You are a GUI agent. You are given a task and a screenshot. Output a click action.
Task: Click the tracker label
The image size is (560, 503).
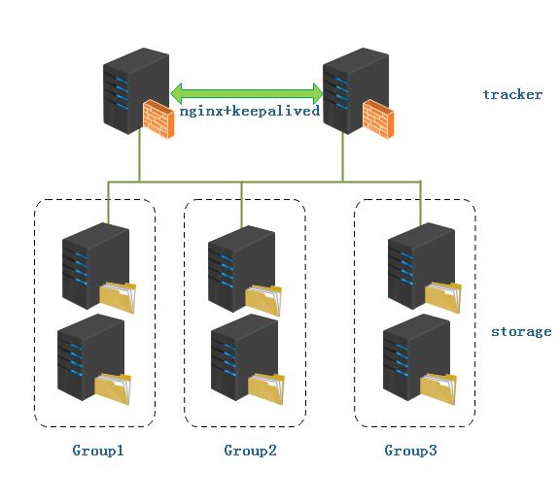[512, 94]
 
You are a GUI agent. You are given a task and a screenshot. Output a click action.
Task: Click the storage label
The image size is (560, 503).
[520, 331]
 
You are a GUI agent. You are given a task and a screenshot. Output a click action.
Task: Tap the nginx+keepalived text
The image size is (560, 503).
[250, 111]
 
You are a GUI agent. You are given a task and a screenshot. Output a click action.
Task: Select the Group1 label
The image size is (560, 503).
[98, 451]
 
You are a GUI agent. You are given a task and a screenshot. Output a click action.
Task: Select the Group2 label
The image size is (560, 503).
[250, 451]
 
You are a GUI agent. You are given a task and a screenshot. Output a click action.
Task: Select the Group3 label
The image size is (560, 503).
[410, 451]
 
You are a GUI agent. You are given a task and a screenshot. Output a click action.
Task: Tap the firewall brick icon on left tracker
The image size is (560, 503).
[158, 117]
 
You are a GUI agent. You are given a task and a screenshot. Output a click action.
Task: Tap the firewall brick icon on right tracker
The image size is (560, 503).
[377, 117]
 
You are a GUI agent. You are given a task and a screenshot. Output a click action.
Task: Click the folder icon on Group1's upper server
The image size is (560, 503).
[118, 297]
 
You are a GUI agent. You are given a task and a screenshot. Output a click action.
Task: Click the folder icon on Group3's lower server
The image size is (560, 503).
[439, 389]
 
